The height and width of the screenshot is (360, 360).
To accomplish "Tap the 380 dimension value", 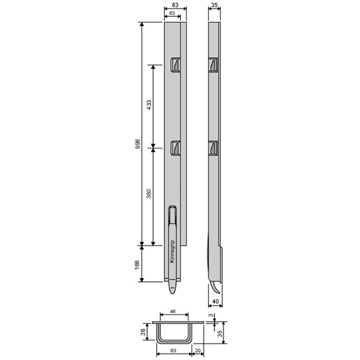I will point(150,195).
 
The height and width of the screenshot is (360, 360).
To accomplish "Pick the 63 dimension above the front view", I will point(172,13).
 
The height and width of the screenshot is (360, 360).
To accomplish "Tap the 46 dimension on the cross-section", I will point(172,311).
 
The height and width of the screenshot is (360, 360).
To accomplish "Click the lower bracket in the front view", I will point(176,148).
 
